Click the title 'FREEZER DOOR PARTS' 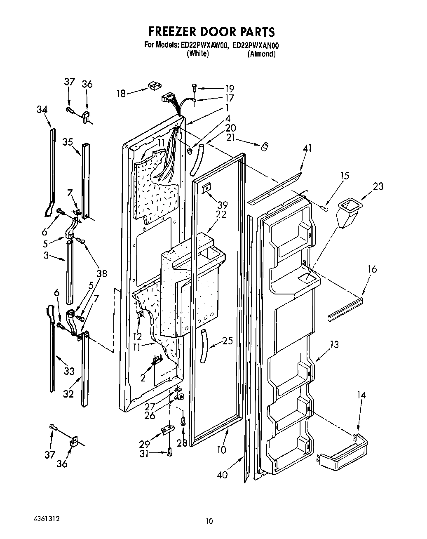211,32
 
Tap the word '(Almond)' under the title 261,54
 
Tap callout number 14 361,395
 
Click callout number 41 307,148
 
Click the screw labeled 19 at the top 195,87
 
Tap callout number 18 121,94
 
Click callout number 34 42,109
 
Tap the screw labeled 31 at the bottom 170,452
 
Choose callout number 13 334,344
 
